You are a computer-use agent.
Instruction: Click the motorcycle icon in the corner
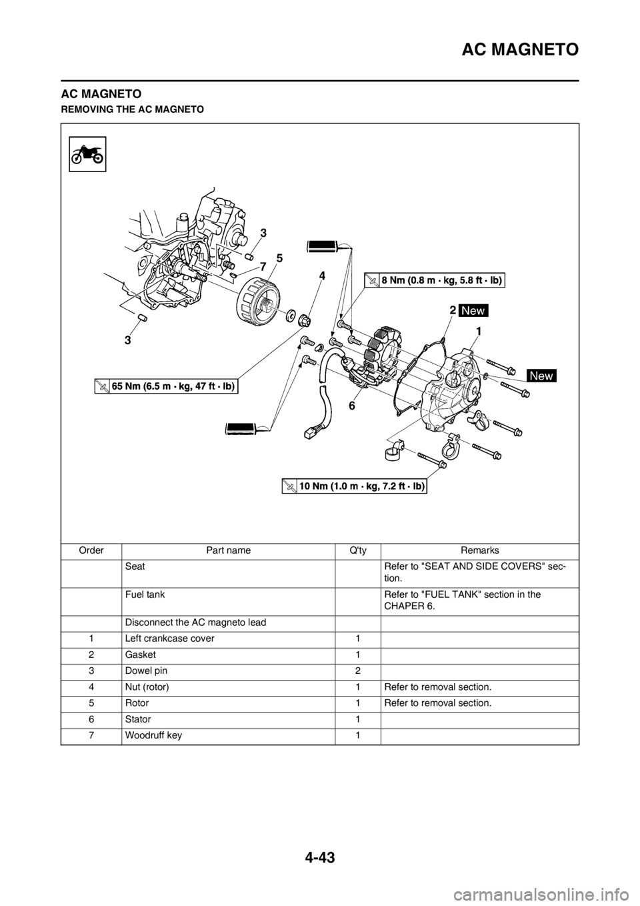pos(88,154)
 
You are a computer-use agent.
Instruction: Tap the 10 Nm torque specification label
pos(353,486)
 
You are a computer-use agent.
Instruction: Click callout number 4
pos(321,276)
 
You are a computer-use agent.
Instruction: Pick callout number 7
pos(263,267)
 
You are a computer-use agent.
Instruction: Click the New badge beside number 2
pos(473,311)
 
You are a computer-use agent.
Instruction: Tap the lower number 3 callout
pos(126,340)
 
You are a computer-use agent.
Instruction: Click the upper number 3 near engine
pos(263,233)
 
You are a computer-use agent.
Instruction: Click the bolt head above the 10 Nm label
pos(443,463)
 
